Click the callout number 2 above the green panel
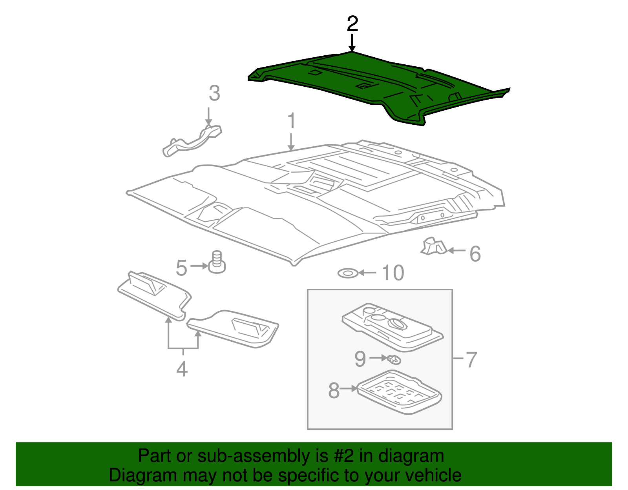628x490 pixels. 352,24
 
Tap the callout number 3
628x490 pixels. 214,94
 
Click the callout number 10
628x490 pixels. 392,273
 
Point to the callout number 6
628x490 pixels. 475,254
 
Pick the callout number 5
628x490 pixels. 181,268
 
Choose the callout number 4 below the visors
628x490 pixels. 182,369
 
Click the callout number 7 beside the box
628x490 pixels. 471,359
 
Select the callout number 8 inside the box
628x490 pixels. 334,390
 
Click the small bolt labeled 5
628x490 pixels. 217,262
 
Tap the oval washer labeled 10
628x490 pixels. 348,273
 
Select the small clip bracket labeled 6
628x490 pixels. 433,246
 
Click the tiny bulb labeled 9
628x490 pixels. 394,359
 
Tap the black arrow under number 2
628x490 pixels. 352,43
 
